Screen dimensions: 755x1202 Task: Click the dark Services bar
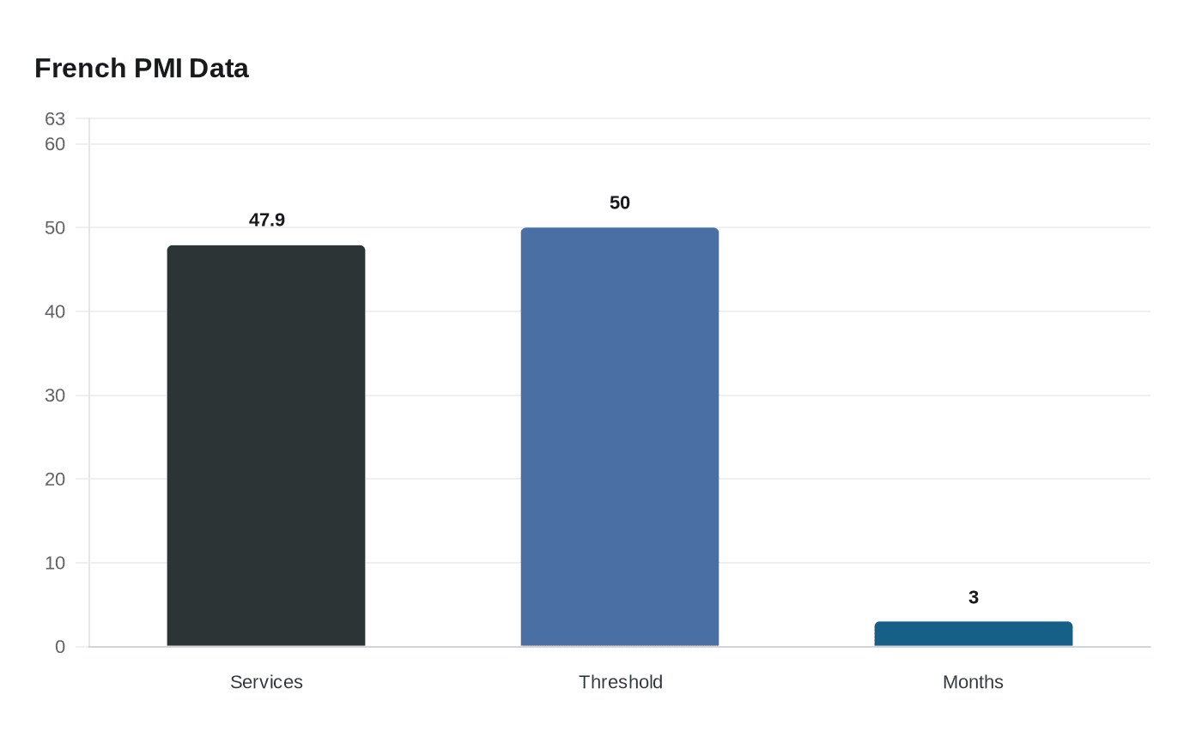coord(266,446)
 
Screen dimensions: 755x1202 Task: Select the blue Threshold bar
coord(620,438)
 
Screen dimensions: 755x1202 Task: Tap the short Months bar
coord(974,634)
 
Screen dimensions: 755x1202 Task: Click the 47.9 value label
coord(267,220)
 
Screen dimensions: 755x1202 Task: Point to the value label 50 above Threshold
coord(620,203)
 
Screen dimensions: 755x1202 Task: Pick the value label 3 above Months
coord(974,598)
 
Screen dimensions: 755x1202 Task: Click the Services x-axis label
coord(266,682)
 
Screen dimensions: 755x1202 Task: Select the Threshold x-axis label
coord(620,682)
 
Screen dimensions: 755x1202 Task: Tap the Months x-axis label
coord(973,682)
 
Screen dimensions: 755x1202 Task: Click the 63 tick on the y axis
coord(55,119)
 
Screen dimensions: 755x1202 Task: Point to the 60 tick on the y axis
coord(55,144)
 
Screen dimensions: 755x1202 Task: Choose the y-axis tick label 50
coord(55,228)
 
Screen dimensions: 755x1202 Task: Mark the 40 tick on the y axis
coord(55,311)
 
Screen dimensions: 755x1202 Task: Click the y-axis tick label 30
coord(55,396)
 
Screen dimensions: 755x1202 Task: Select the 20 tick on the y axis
coord(55,480)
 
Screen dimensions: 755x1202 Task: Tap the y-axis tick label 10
coord(55,563)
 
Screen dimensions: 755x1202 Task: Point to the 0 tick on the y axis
coord(60,647)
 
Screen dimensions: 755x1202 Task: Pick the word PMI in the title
coord(157,69)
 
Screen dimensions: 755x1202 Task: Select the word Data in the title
coord(219,69)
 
